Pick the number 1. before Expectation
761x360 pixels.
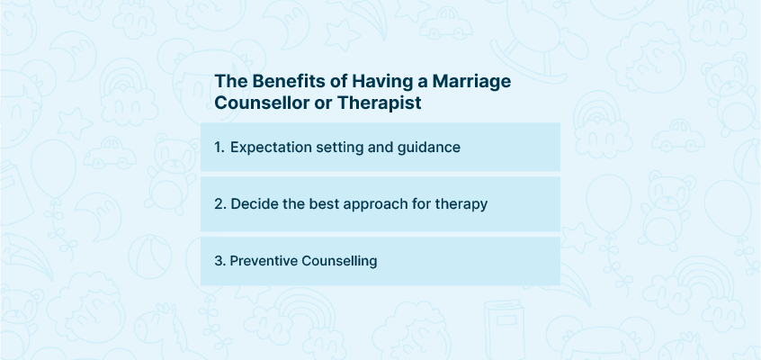pos(219,148)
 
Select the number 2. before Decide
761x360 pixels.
pos(220,204)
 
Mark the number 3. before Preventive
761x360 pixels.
pos(220,261)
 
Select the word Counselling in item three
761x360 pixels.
pos(339,261)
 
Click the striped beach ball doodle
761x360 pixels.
pos(150,256)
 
